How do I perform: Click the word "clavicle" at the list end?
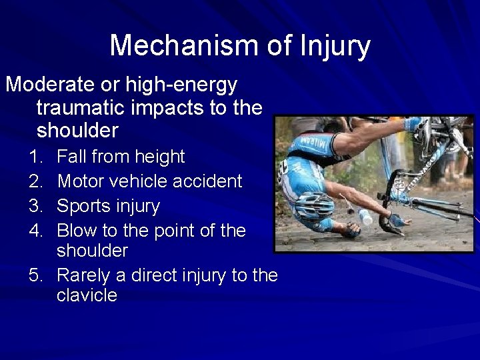87,295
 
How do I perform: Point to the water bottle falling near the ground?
365,217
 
